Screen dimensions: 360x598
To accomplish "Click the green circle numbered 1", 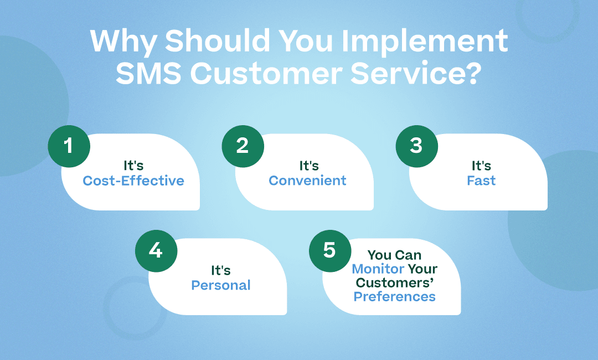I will pyautogui.click(x=69, y=146).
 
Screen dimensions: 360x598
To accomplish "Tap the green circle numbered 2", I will pyautogui.click(x=243, y=146).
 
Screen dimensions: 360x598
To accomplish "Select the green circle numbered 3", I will pyautogui.click(x=416, y=146).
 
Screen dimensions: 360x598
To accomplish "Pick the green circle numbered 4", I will pyautogui.click(x=156, y=250).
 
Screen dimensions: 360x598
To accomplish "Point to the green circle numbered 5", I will pyautogui.click(x=330, y=250).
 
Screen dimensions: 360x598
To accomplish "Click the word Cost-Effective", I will pyautogui.click(x=133, y=181).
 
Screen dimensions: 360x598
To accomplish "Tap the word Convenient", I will pyautogui.click(x=307, y=181).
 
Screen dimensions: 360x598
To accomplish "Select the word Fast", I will pyautogui.click(x=481, y=181).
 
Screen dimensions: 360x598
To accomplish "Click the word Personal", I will pyautogui.click(x=221, y=285).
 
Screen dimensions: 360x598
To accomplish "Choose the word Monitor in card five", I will pyautogui.click(x=378, y=269).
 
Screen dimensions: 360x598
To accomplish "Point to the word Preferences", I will pyautogui.click(x=394, y=296).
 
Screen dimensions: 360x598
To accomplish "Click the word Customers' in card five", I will pyautogui.click(x=395, y=283).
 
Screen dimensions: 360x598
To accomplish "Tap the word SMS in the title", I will pyautogui.click(x=148, y=73).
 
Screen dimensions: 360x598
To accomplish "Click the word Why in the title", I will pyautogui.click(x=122, y=42).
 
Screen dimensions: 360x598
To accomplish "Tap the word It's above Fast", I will pyautogui.click(x=481, y=166).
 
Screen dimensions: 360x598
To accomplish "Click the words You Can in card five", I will pyautogui.click(x=394, y=255).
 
